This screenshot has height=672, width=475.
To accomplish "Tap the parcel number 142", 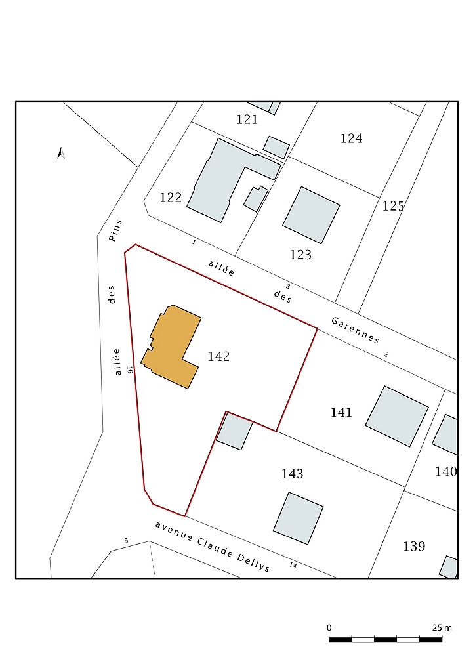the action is [218, 356].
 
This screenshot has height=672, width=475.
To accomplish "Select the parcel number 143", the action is [292, 474].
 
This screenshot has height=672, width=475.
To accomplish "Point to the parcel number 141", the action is [341, 412].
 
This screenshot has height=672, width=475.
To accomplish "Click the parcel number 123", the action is [300, 255].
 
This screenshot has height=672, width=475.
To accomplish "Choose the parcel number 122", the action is [171, 197].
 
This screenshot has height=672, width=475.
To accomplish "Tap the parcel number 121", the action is [247, 119].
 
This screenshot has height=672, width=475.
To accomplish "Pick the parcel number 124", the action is [351, 138].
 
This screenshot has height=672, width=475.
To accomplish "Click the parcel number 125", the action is [393, 206].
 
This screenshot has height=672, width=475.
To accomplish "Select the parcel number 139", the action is [414, 547].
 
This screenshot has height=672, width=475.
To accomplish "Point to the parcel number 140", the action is [446, 472].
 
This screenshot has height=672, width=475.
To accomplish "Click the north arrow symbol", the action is [61, 153].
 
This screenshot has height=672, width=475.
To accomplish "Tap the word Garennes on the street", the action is [356, 330].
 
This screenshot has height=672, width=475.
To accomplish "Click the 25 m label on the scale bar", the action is [442, 628].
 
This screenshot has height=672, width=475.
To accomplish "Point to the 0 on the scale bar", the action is [329, 628].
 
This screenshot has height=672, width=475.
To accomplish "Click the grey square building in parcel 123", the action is [312, 215].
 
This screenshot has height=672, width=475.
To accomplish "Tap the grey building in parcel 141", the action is [397, 416].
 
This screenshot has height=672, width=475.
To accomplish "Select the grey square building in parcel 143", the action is [298, 518].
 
